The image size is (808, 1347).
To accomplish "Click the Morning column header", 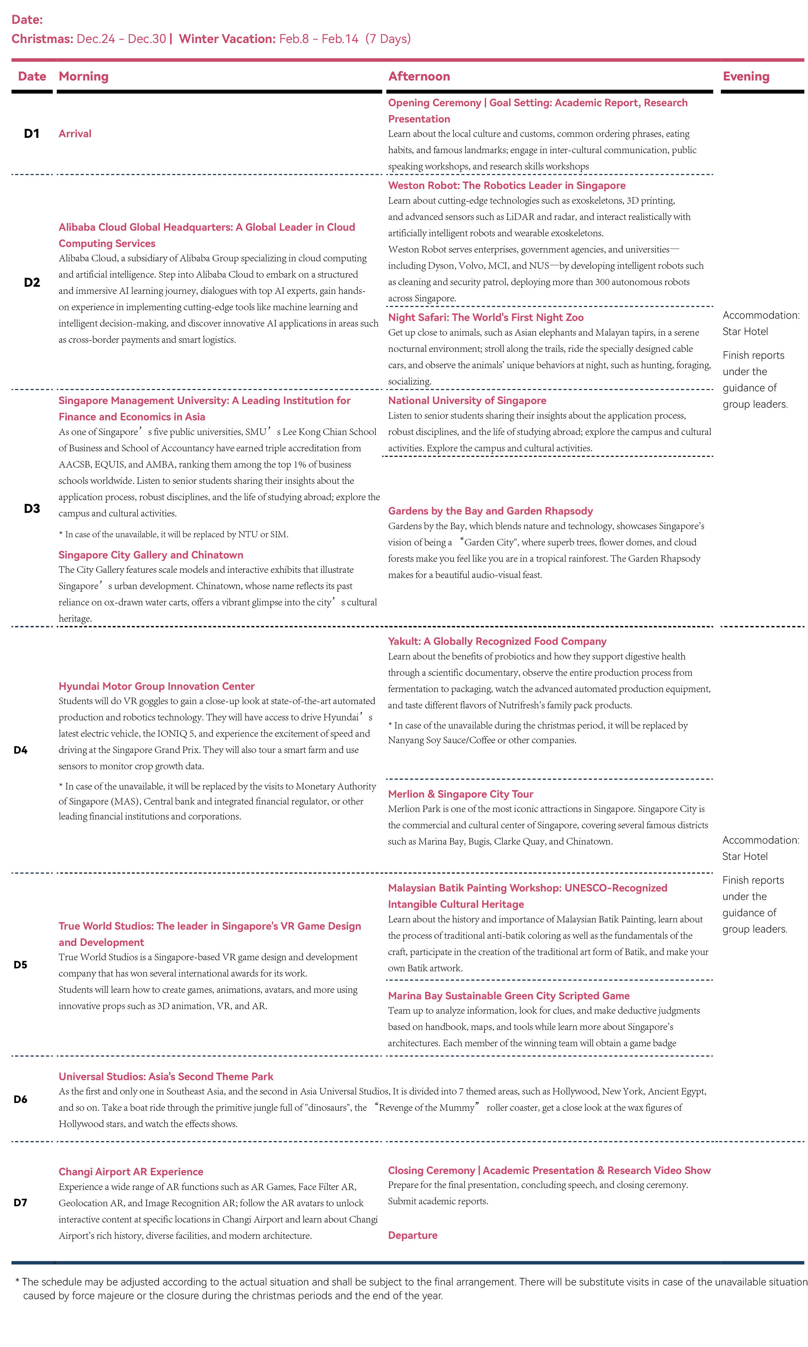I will pos(83,76).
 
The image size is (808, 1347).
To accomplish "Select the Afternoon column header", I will pos(419,76).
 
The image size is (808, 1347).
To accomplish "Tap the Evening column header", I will pos(746,76).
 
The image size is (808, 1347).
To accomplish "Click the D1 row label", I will pos(32,133).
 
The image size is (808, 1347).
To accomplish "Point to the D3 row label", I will pos(32,509).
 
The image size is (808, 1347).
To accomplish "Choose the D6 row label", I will pos(20,1099).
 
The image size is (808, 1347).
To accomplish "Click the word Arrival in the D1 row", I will pos(75,133).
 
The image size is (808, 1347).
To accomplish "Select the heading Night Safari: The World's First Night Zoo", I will pos(486,317).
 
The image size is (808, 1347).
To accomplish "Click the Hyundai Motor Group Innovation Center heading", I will pos(156,686).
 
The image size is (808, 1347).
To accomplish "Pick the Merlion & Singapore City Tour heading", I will pos(460,794).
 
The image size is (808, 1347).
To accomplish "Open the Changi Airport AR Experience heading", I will pos(131,1172).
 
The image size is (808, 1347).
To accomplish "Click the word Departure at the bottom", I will pos(412,1235).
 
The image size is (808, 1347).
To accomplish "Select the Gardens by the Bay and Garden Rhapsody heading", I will pos(490,511).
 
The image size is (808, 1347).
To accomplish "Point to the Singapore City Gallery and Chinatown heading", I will pos(151,555).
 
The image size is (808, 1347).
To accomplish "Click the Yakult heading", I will pos(497,641).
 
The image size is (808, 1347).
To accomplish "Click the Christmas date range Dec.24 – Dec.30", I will pos(121,39).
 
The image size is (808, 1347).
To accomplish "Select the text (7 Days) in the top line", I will pos(388,39).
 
